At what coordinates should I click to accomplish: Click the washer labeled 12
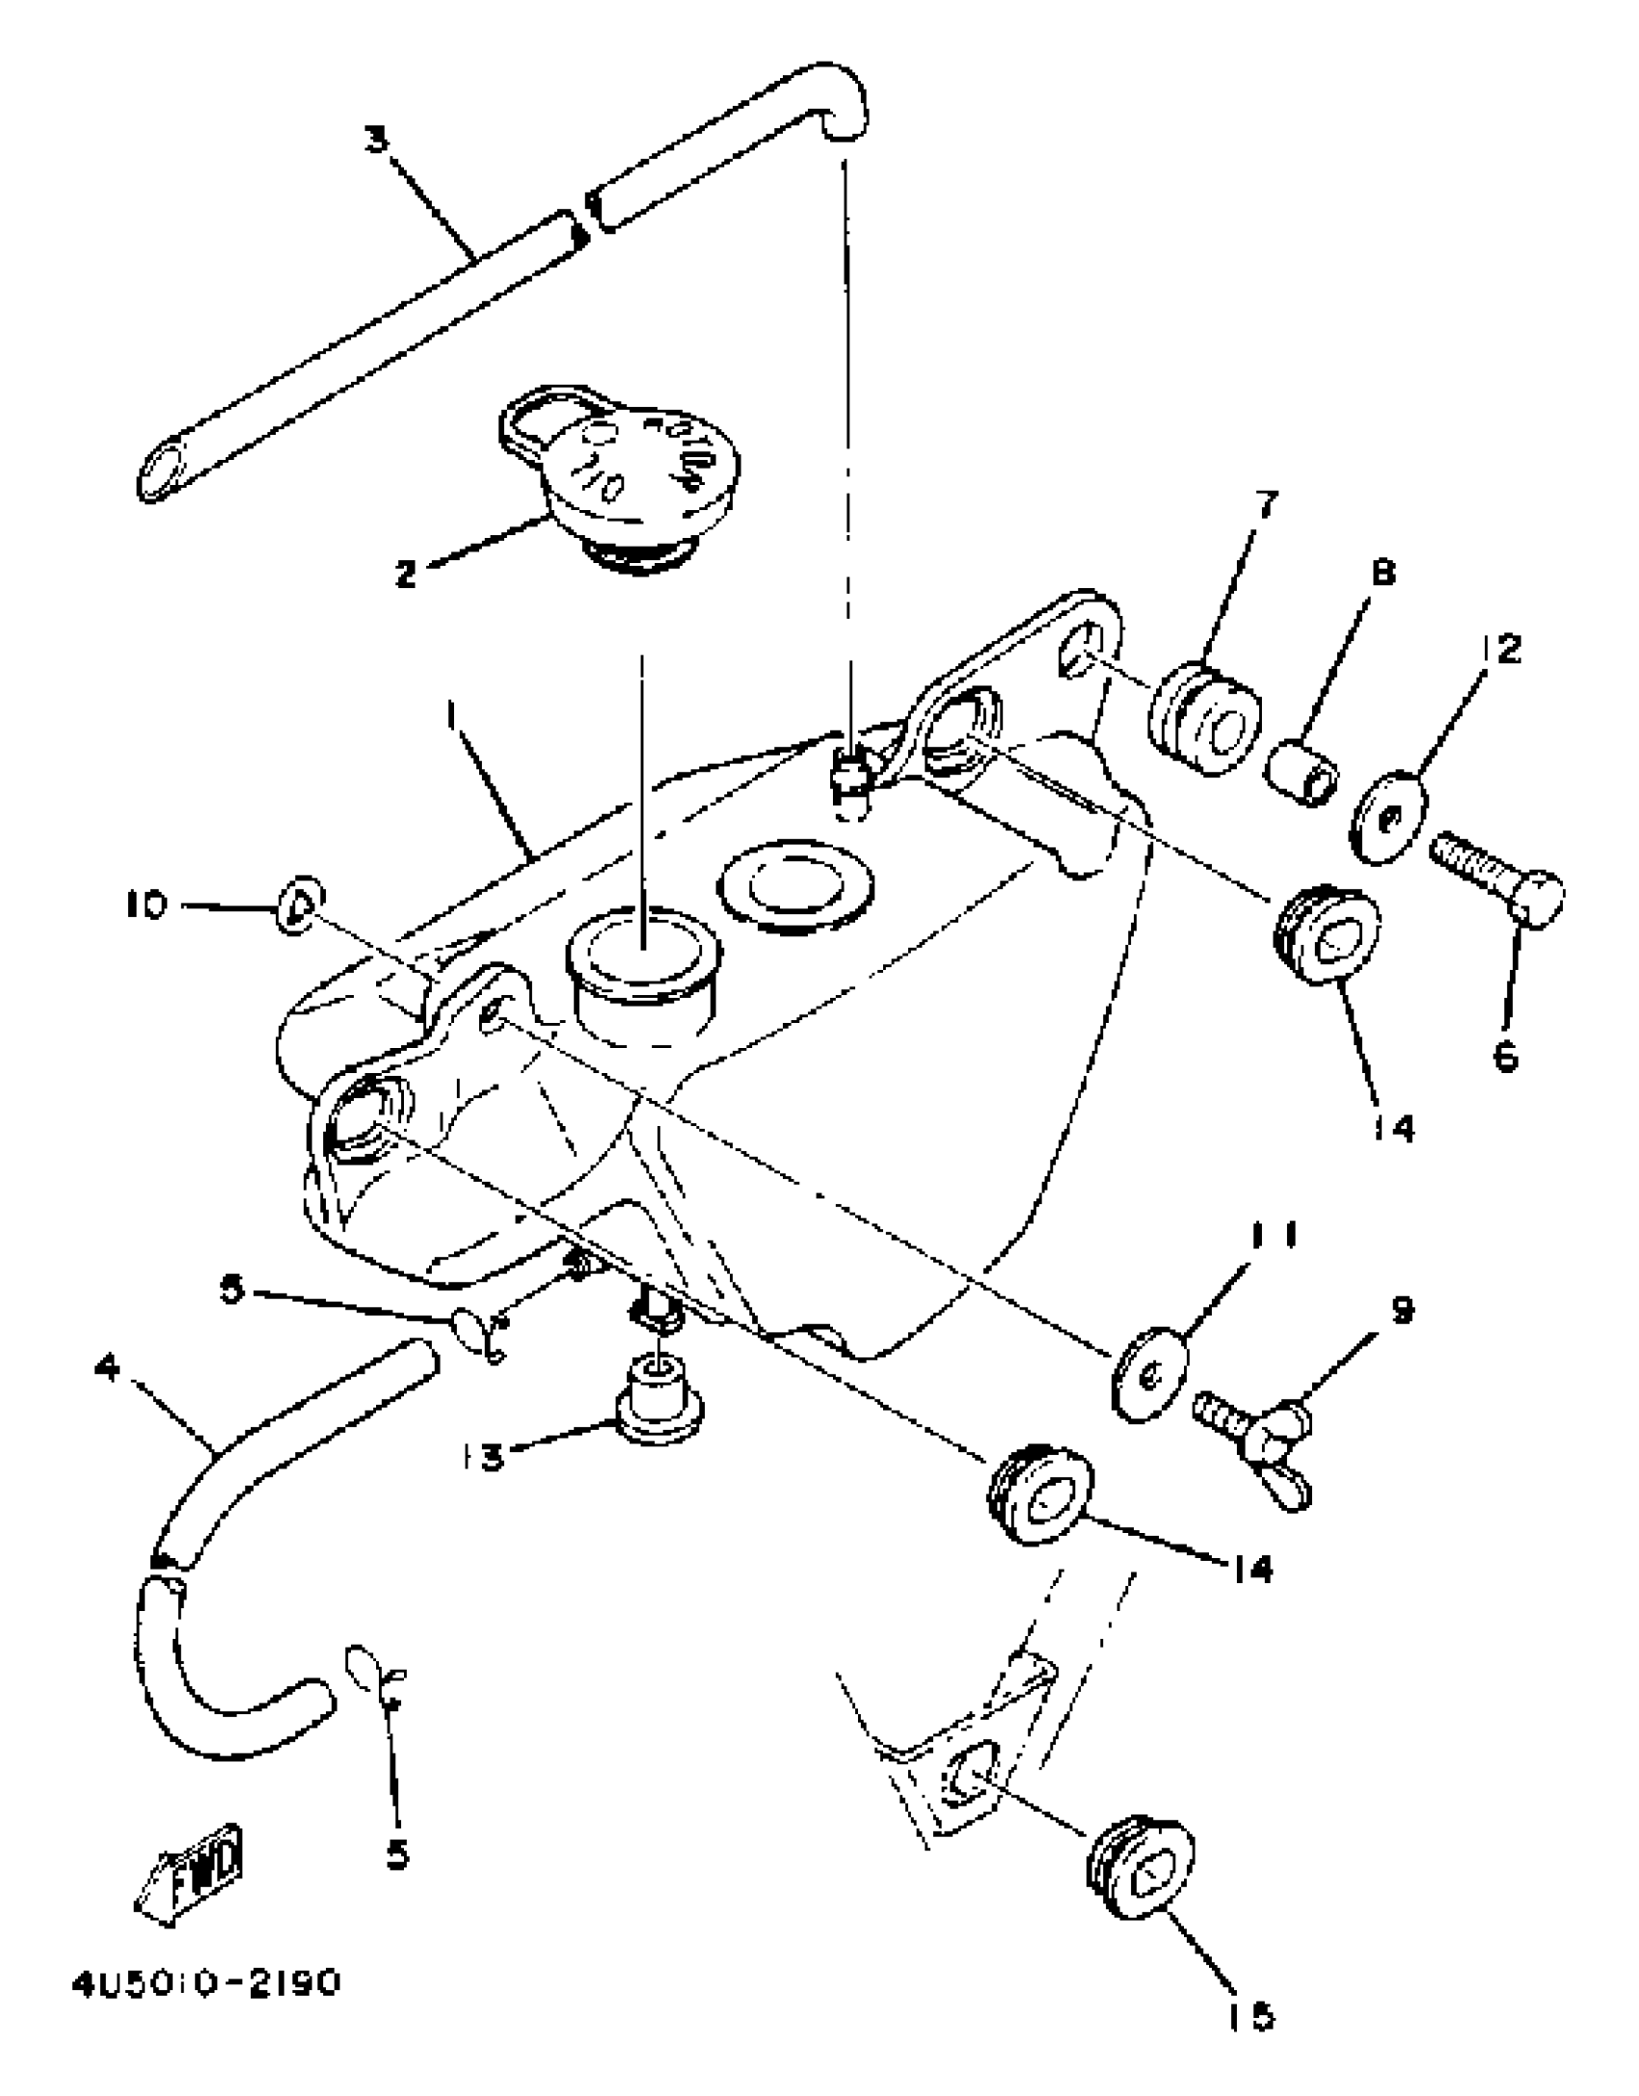pos(1389,815)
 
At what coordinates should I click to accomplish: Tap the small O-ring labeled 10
pos(299,904)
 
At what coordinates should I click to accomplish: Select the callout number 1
pos(450,718)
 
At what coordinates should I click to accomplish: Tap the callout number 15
pos(1249,2014)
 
